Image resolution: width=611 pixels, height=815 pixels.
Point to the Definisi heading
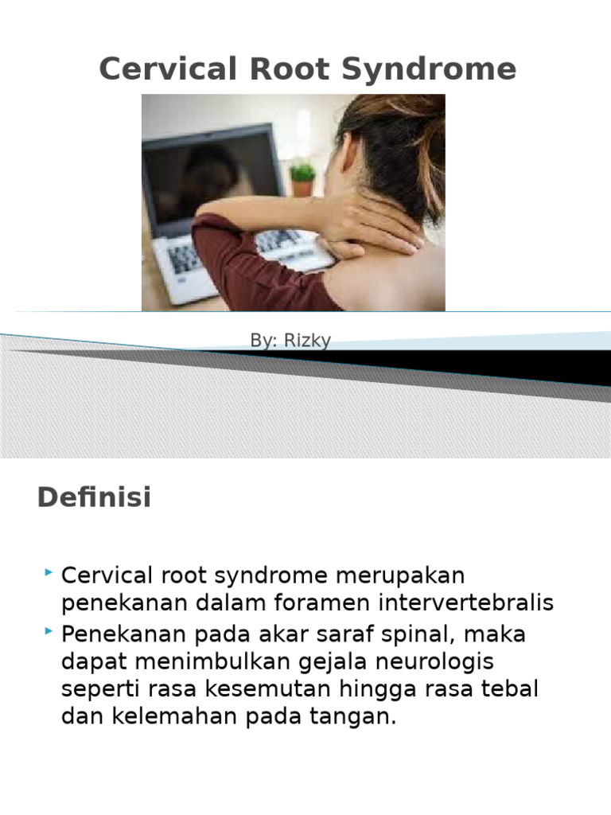(94, 499)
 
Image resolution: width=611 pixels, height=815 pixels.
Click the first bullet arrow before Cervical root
(49, 572)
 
